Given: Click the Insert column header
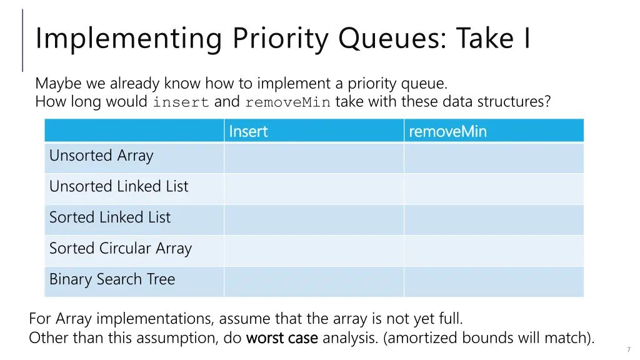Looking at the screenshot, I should click(248, 131).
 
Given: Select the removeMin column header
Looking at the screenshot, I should click(447, 131).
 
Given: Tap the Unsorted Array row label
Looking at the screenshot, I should click(101, 156).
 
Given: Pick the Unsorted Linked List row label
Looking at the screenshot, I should click(119, 186).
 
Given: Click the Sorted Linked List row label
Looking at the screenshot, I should click(110, 217).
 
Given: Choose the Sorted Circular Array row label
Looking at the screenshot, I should click(121, 248).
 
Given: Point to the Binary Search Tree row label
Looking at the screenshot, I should click(112, 279).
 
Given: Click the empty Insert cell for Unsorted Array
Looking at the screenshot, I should click(314, 157).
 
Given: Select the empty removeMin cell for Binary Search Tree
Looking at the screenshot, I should click(494, 282).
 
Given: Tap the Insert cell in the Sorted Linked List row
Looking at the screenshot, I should click(314, 219).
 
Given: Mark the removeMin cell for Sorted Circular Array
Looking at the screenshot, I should click(494, 251).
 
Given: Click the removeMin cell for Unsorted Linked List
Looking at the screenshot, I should click(494, 189).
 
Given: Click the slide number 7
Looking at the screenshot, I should click(629, 349).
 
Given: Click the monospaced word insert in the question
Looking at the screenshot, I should click(181, 102).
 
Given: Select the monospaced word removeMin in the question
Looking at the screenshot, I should click(287, 102).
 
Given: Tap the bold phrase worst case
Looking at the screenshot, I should click(282, 338).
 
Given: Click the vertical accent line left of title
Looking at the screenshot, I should click(23, 40).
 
